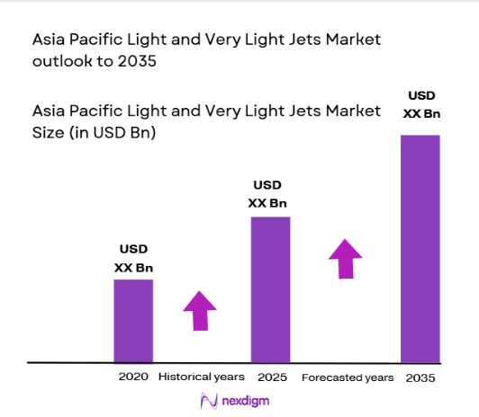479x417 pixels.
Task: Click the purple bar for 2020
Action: click(132, 321)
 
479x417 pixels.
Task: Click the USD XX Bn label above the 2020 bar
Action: click(133, 258)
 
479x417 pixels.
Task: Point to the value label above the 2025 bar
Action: click(267, 194)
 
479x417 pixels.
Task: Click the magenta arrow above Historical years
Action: click(200, 312)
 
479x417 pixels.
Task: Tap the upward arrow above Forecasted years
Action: click(345, 258)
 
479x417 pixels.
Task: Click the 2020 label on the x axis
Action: click(133, 377)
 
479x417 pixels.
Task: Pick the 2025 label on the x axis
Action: click(271, 377)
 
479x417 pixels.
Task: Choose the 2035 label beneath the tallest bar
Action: click(420, 377)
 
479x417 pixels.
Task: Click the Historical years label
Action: click(201, 377)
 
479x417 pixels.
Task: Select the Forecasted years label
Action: click(348, 377)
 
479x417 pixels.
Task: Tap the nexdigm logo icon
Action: click(208, 401)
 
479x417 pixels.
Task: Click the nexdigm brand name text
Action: click(246, 401)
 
